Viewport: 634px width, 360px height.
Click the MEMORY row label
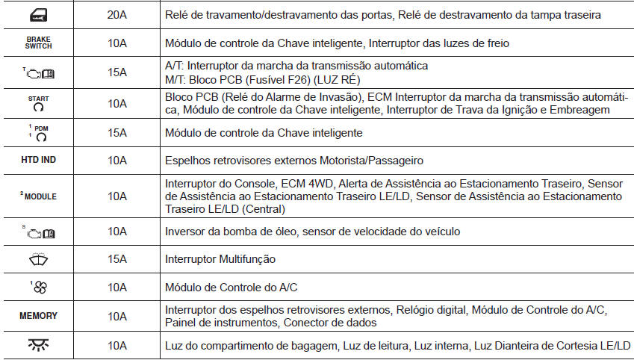coord(39,317)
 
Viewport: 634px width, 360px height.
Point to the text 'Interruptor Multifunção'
coord(220,259)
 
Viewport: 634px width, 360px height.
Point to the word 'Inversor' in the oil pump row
coord(186,232)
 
